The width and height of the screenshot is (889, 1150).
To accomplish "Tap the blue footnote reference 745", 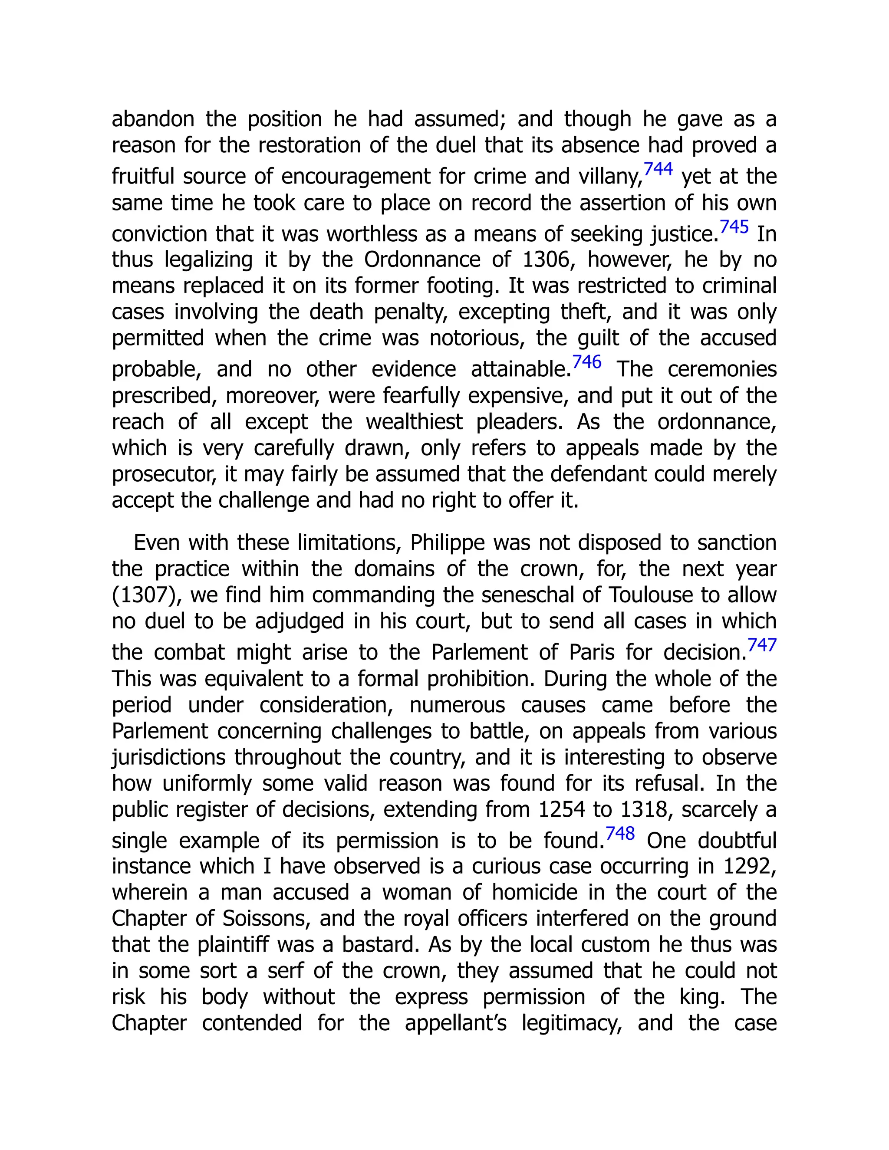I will (x=734, y=227).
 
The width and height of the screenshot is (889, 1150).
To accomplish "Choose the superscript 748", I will (x=620, y=834).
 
